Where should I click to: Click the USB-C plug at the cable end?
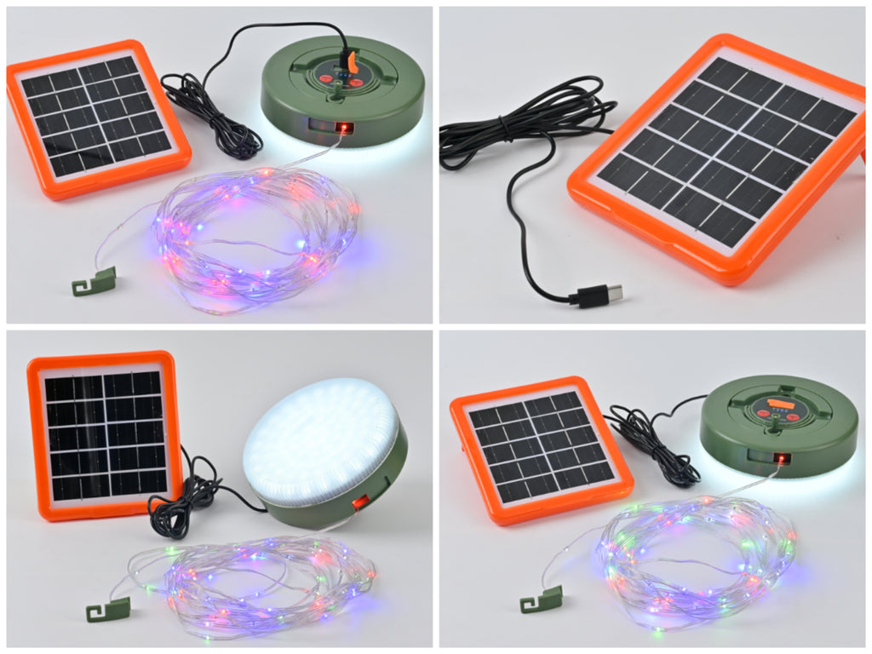(599, 295)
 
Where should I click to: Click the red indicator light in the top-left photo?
(343, 129)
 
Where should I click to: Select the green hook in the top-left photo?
(95, 282)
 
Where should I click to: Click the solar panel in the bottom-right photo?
(541, 447)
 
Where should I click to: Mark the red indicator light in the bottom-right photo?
(780, 461)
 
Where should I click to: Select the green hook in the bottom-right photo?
(542, 599)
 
